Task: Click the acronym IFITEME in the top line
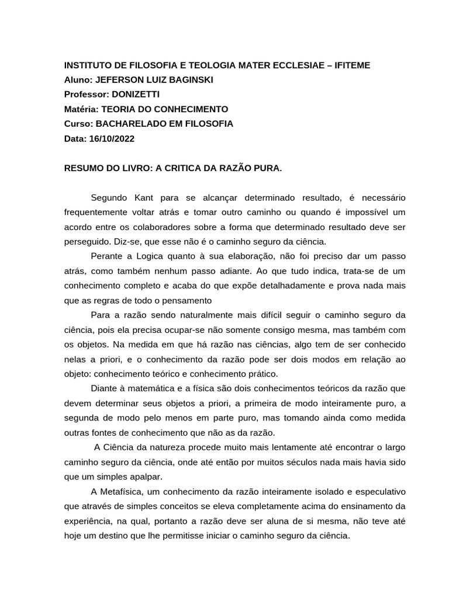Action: click(x=349, y=65)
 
